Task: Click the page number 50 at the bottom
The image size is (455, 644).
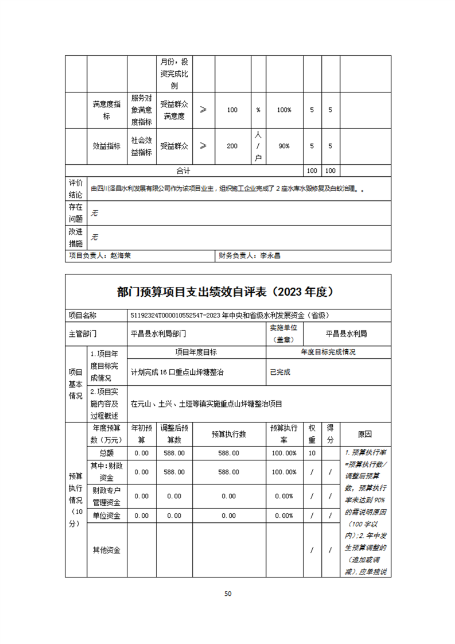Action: pos(228,593)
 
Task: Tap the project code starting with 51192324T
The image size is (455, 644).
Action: pos(230,315)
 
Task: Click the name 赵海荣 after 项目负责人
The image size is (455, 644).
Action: pos(120,256)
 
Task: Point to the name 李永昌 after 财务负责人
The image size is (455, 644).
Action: pos(270,256)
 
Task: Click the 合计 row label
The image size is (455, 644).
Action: pos(183,171)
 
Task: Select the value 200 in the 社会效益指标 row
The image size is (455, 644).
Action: pos(232,146)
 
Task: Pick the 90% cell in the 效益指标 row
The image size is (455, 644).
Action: pos(283,146)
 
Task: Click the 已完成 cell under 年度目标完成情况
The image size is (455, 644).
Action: pos(280,372)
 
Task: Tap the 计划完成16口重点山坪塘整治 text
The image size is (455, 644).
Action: pos(177,372)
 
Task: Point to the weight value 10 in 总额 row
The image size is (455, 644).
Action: pos(312,453)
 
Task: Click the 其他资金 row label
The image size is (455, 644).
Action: pos(106,550)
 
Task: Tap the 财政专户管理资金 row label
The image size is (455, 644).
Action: pos(106,496)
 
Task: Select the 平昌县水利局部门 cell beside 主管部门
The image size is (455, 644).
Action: pos(158,333)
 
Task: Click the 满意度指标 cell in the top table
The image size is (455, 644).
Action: pos(106,110)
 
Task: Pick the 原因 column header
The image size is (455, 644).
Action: pos(365,434)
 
